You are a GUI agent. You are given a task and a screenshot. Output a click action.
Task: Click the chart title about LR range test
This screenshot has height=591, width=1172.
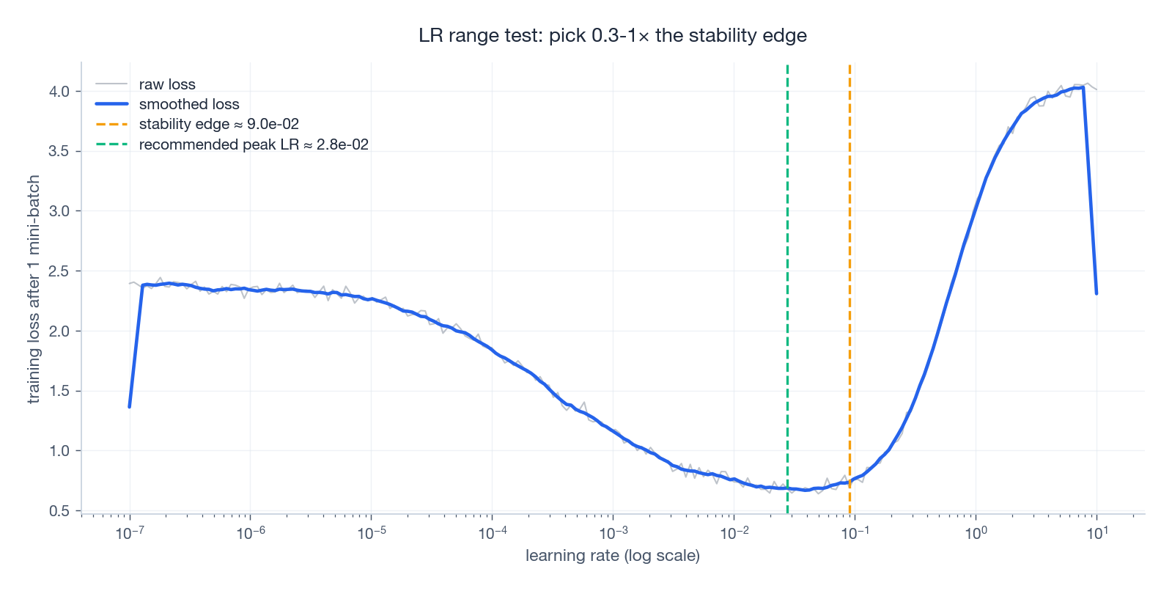(612, 35)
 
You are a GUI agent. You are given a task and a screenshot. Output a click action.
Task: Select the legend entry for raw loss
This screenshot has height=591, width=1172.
(167, 84)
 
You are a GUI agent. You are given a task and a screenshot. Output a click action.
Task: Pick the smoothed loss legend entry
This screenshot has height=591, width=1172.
(189, 104)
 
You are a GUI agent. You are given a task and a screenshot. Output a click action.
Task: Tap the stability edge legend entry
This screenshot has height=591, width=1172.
(218, 125)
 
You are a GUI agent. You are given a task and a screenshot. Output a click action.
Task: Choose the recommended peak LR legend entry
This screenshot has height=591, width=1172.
(253, 144)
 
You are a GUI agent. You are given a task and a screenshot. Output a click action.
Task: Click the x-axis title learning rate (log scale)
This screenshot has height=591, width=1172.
(612, 556)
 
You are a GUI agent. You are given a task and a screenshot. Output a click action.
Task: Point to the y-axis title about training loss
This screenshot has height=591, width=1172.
(34, 289)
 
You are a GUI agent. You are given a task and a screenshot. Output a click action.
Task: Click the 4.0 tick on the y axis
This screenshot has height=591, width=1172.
(59, 92)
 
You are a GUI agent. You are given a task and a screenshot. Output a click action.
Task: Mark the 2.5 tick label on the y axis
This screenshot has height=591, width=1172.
(59, 271)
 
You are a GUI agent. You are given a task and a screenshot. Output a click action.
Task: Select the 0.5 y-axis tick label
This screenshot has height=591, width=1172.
(59, 511)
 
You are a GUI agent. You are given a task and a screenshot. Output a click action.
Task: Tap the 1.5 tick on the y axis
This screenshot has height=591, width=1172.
(59, 391)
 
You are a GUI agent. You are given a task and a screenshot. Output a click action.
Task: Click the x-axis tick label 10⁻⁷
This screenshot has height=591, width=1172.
(130, 533)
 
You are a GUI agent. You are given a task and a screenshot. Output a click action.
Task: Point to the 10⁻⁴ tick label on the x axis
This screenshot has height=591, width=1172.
(492, 533)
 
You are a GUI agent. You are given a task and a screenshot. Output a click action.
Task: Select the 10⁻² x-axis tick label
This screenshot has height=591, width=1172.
(734, 533)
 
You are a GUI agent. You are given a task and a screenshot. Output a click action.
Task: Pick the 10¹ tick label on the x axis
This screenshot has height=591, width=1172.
(1097, 533)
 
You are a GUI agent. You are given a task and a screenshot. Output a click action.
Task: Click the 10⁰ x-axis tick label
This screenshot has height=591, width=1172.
(976, 533)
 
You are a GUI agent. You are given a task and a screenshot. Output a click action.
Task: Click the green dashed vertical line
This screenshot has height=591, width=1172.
(787, 293)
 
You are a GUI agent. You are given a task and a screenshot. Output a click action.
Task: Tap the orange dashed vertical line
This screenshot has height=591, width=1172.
(849, 293)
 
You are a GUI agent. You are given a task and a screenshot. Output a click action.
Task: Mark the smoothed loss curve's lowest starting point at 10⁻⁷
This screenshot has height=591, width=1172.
(130, 406)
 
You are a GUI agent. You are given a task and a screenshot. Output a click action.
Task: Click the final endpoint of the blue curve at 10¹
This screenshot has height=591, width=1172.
(1097, 293)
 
